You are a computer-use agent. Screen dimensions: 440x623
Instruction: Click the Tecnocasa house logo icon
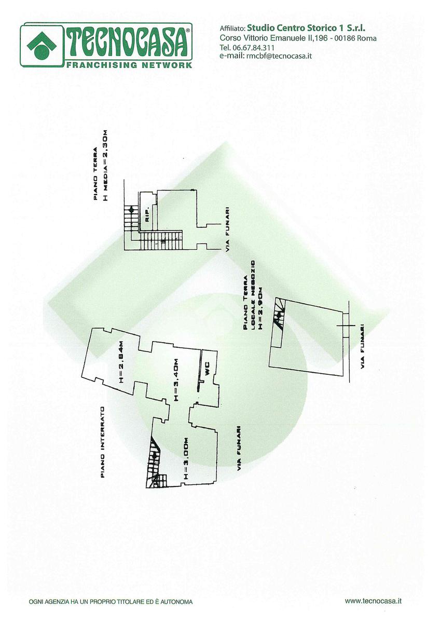[41, 46]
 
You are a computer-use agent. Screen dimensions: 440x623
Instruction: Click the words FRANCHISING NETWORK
[129, 65]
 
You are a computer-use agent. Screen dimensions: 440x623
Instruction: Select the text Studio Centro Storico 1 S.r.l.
[310, 28]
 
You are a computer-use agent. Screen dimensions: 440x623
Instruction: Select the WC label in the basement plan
[207, 371]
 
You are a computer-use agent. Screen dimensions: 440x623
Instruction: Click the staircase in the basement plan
[154, 459]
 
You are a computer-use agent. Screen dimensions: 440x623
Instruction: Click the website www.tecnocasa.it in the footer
[374, 601]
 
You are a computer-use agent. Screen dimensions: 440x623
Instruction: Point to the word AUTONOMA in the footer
[177, 602]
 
